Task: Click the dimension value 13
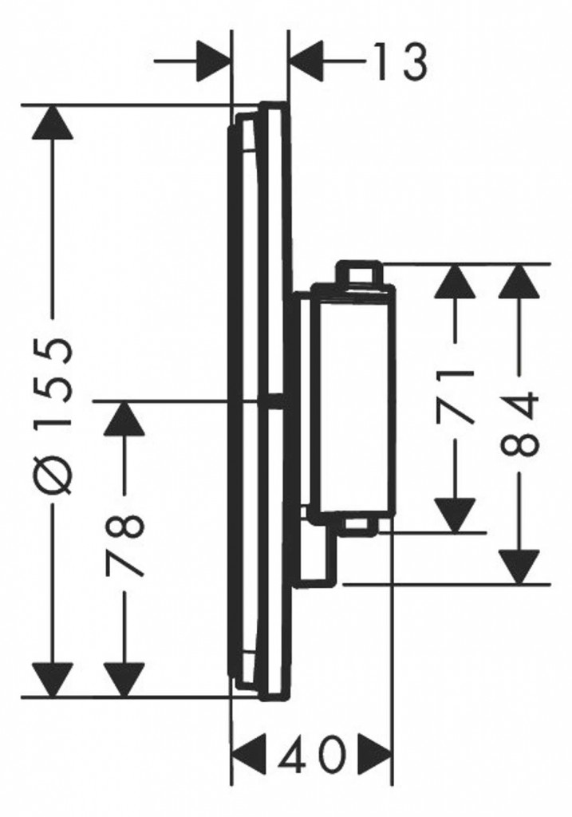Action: [400, 61]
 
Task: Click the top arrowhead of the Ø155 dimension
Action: [52, 122]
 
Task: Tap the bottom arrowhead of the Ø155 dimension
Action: [52, 680]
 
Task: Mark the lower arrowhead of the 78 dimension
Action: [124, 680]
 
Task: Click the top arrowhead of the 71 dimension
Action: [456, 282]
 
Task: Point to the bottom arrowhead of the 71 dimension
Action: [456, 515]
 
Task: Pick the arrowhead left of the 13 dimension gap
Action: [213, 61]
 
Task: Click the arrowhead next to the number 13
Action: [306, 61]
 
